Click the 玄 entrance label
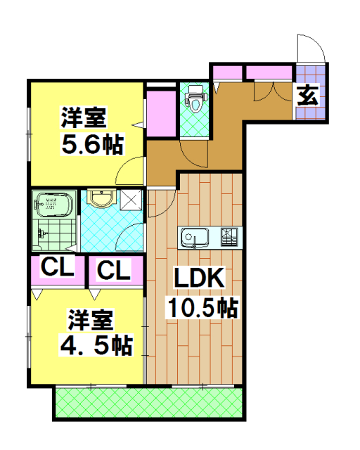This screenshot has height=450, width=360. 307,94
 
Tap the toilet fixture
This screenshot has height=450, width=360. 195,98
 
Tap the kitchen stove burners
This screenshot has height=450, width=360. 231,238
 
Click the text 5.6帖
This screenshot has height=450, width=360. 93,145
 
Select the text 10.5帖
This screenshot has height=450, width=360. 200,307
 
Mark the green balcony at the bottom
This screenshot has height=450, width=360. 149,404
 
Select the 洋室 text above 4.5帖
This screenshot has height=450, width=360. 90,321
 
